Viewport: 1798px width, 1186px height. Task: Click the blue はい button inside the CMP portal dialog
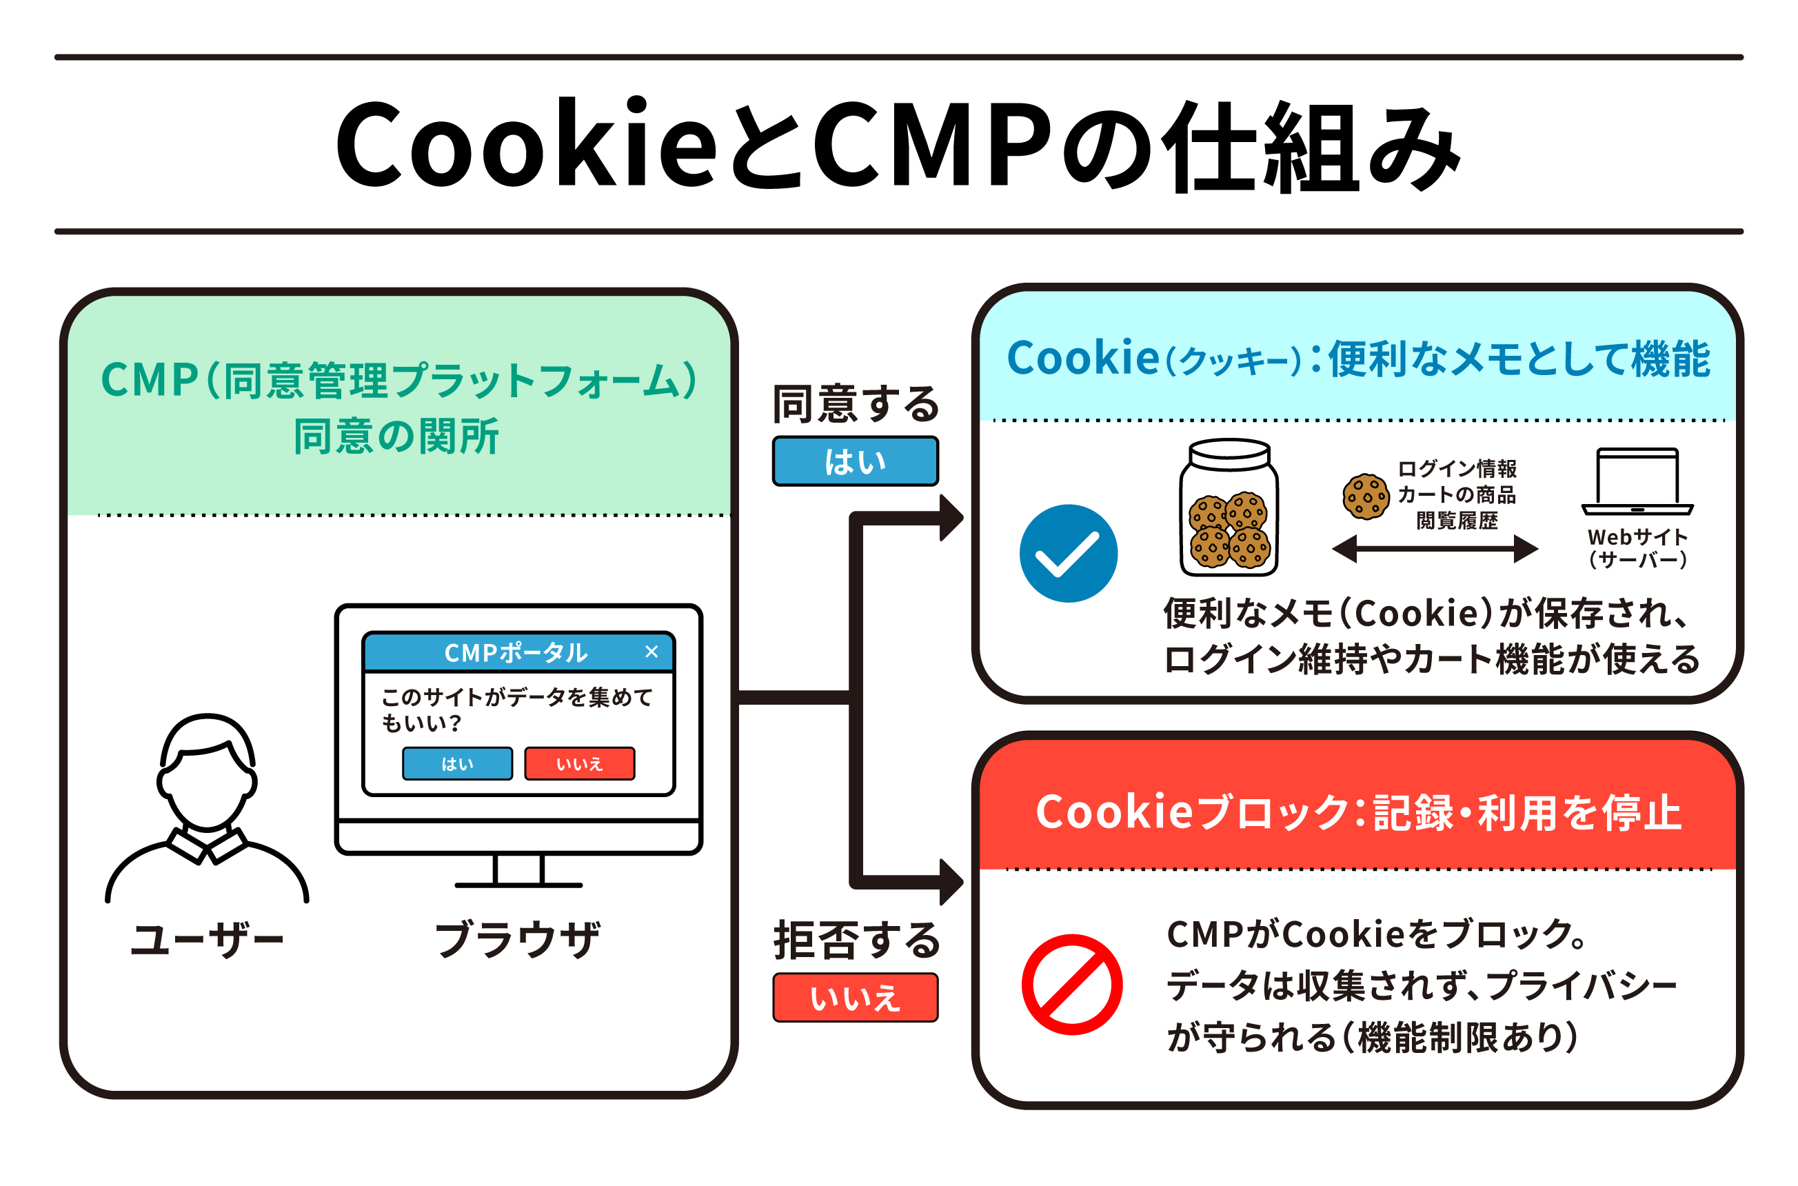tap(456, 763)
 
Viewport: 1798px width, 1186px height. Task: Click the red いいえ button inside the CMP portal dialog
tap(579, 763)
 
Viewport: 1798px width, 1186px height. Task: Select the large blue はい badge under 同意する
tap(854, 461)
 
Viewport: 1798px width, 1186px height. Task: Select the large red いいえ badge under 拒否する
tap(854, 997)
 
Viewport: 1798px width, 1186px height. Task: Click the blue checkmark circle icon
tap(1068, 553)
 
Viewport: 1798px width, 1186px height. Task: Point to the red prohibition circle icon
tap(1071, 984)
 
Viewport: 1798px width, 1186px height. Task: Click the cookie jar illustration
tap(1229, 508)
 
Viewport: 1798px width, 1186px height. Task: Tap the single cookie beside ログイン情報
tap(1366, 496)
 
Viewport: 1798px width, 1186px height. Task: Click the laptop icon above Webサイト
tap(1637, 481)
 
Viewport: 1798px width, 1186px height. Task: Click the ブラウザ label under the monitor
tap(517, 939)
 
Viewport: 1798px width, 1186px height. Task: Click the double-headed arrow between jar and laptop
tap(1434, 548)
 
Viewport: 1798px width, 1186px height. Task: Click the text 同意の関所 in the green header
tap(396, 436)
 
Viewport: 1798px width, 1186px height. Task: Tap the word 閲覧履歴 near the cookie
tap(1456, 521)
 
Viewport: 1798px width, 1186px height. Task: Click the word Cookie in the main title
tap(525, 143)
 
